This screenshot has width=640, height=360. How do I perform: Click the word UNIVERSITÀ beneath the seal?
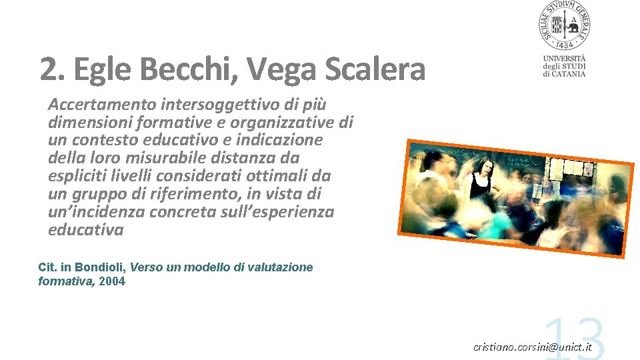point(564,58)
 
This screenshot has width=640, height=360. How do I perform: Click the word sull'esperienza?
point(284,212)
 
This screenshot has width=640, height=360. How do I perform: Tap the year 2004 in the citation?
point(111,281)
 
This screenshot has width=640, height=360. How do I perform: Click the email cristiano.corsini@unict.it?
point(532,347)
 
